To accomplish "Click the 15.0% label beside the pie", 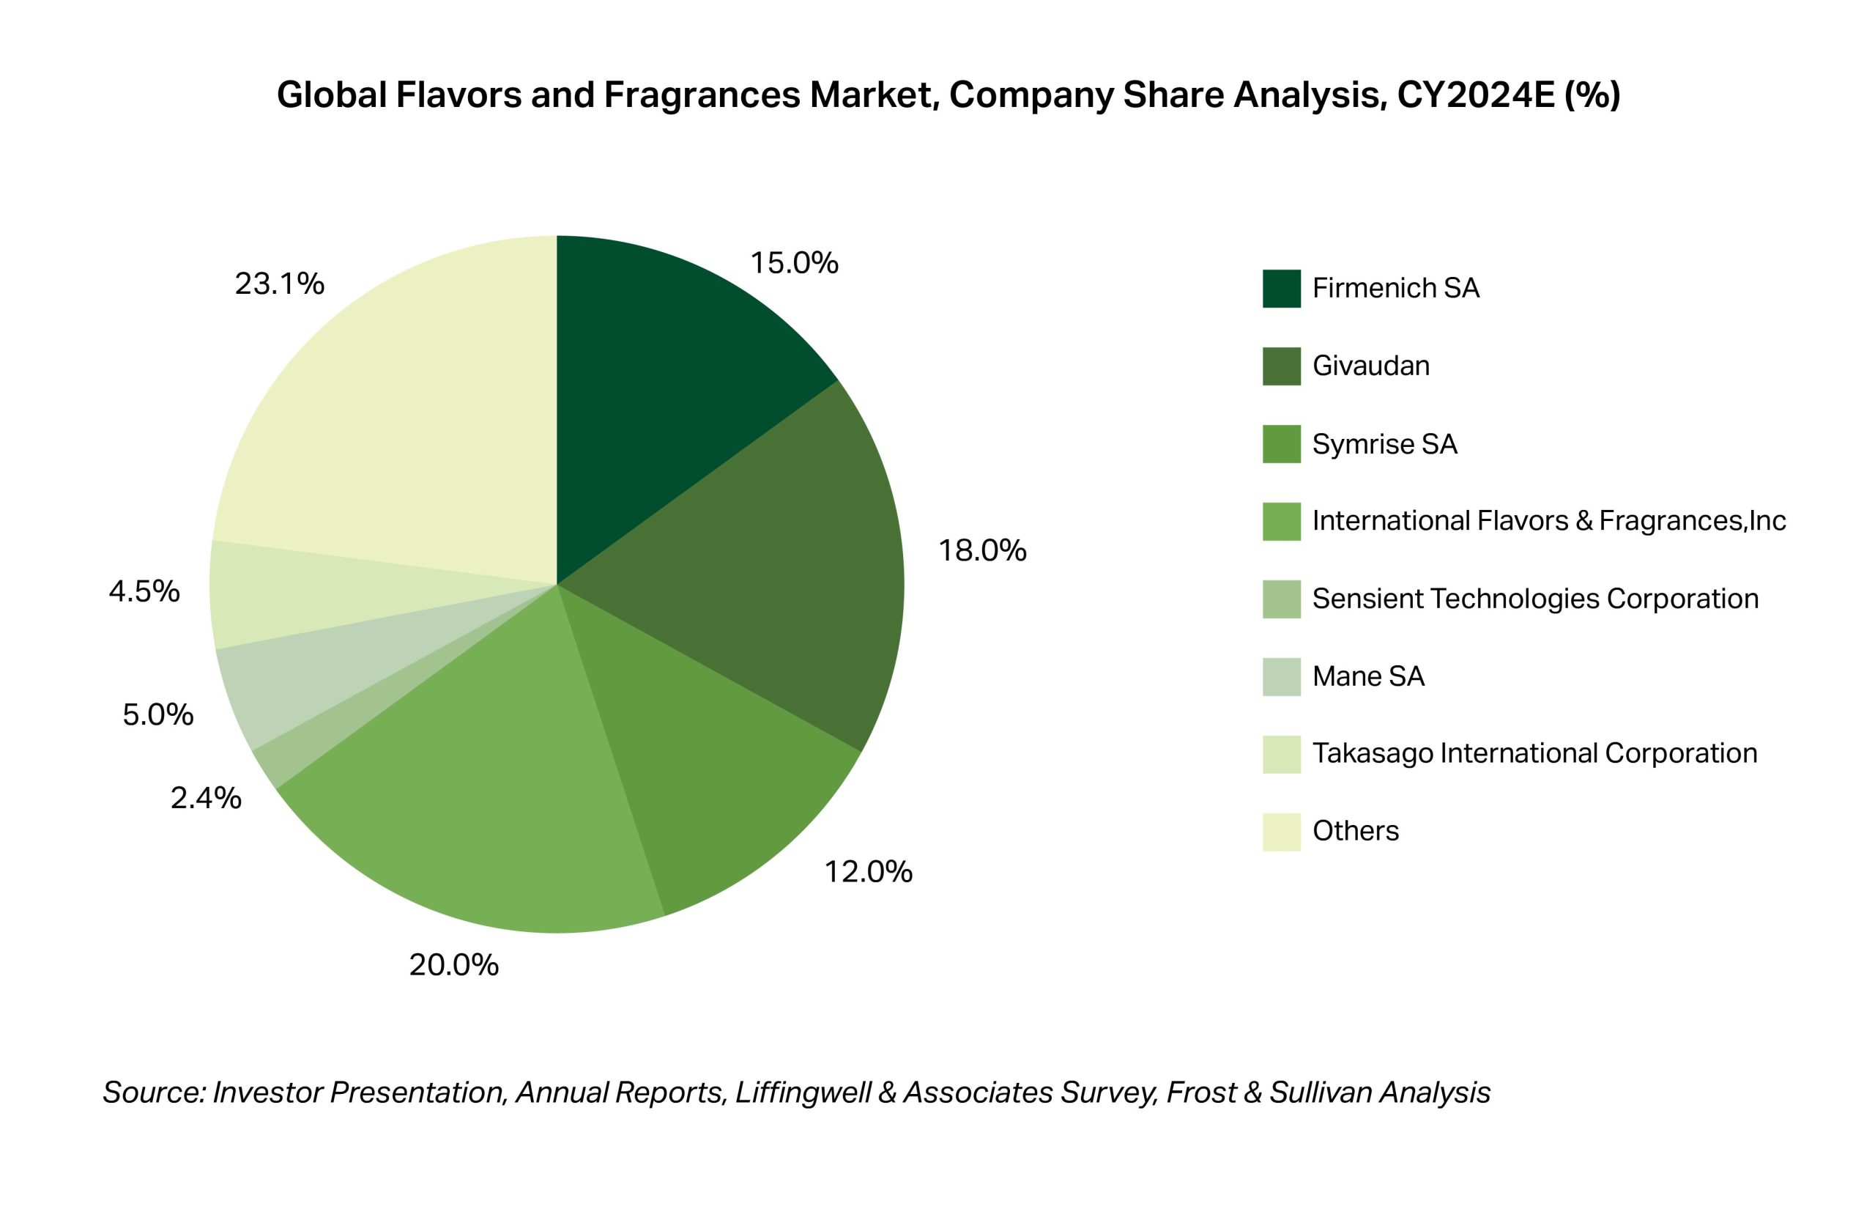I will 794,263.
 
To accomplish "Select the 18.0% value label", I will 981,551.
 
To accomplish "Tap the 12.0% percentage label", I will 868,872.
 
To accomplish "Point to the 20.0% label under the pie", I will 454,965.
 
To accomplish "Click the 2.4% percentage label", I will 206,799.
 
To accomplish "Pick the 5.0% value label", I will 157,715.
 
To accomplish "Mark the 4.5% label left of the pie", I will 144,591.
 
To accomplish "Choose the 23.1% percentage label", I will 279,284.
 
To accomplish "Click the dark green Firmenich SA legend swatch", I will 1281,289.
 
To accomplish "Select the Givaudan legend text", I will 1371,366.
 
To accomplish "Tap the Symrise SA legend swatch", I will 1281,444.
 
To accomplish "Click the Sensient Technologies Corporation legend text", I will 1534,599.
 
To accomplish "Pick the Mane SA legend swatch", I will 1281,677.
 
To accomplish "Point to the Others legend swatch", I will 1281,832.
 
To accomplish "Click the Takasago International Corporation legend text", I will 1534,753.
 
